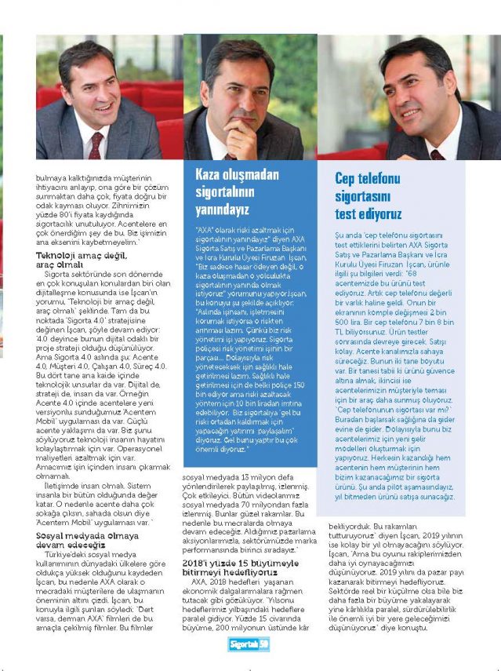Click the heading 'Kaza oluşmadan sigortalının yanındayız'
(x=232, y=192)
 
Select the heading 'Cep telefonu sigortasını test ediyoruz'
(x=367, y=195)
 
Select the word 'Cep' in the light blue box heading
(x=347, y=179)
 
